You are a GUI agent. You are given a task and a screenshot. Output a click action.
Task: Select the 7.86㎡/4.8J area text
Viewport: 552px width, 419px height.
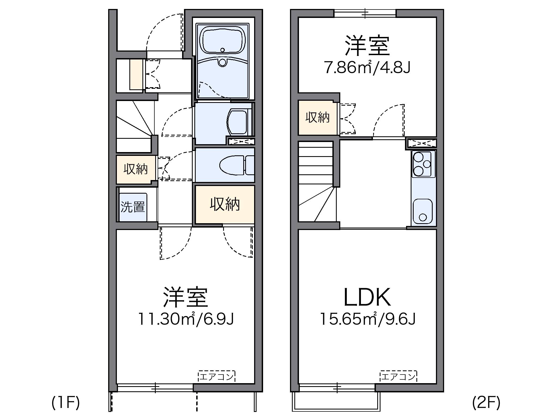click(x=367, y=68)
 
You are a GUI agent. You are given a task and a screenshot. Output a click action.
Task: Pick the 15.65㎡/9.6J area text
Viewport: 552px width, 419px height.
click(x=368, y=319)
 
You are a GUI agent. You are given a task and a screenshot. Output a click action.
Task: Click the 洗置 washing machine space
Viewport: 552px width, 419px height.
click(x=133, y=207)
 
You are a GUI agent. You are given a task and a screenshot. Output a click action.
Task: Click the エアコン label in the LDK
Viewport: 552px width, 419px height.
click(x=398, y=377)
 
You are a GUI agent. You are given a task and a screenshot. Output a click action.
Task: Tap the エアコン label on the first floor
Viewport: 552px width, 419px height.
click(x=217, y=377)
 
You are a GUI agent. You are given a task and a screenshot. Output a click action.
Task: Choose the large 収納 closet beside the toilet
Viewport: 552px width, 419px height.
click(x=225, y=204)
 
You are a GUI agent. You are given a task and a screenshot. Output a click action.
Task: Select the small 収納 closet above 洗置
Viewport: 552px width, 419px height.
click(x=136, y=169)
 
